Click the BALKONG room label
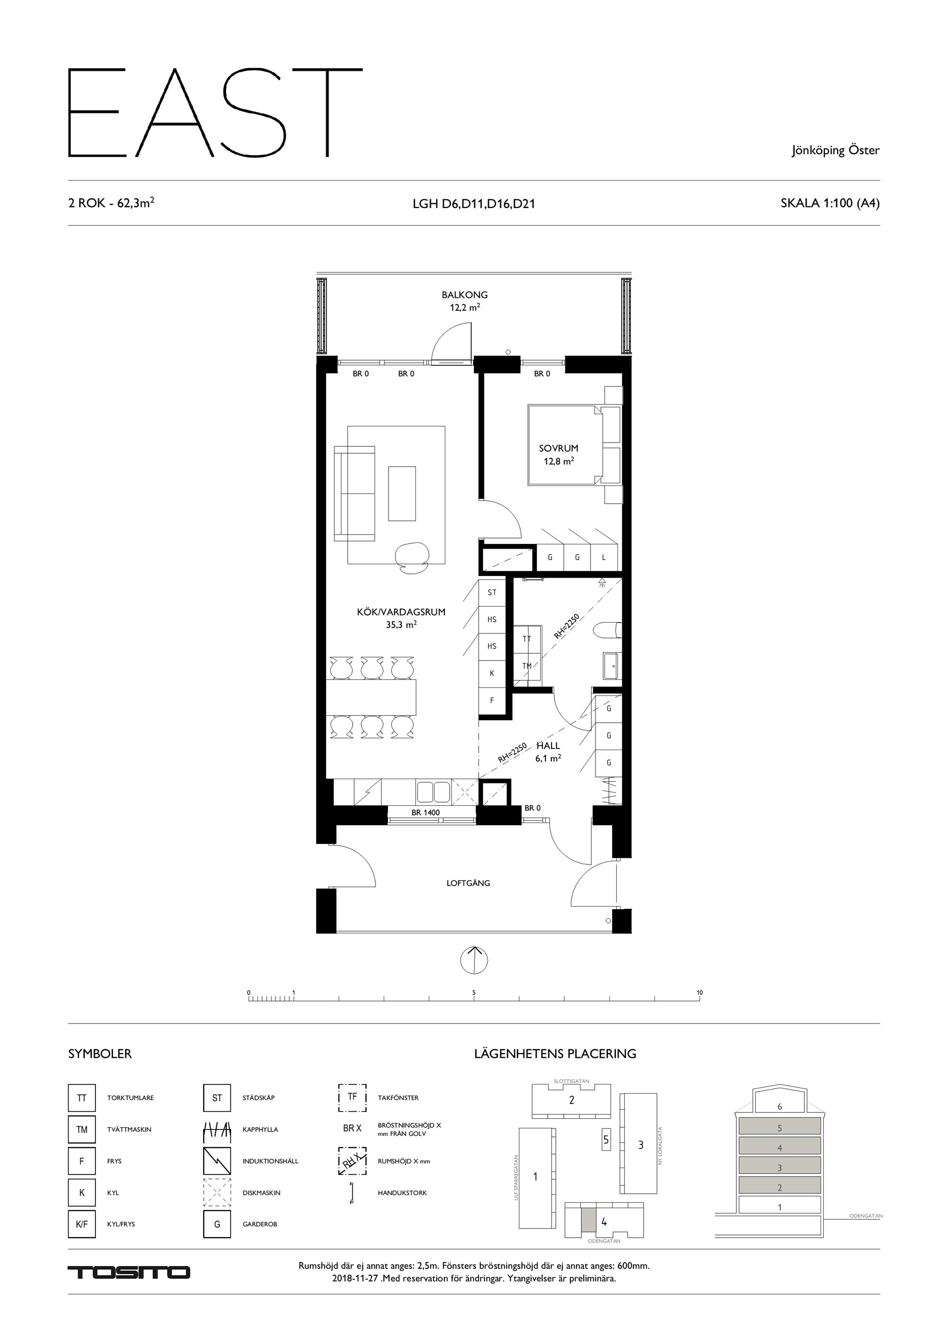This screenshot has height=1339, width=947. click(x=465, y=295)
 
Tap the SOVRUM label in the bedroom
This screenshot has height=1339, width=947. click(x=558, y=448)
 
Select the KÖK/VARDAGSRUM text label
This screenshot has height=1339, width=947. click(x=401, y=612)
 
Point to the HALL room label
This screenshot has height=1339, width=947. click(x=548, y=745)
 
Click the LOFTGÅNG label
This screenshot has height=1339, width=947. click(x=468, y=883)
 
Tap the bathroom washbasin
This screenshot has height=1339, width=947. click(x=612, y=665)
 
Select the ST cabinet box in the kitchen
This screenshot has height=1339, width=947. click(x=492, y=592)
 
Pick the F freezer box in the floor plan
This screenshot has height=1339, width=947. click(x=492, y=700)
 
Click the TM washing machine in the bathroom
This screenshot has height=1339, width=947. click(x=527, y=666)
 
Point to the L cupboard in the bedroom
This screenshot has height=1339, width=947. click(x=604, y=558)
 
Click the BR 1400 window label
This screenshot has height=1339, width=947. click(x=426, y=812)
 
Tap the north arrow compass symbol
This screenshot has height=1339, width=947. click(x=474, y=959)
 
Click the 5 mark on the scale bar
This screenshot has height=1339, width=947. click(x=474, y=992)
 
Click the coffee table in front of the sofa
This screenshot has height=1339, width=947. click(x=402, y=493)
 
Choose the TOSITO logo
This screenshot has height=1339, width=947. click(x=129, y=1273)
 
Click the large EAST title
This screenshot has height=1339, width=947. click(x=215, y=113)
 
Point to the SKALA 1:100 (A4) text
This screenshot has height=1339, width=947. click(x=830, y=203)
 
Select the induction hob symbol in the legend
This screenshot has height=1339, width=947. click(x=217, y=1161)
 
